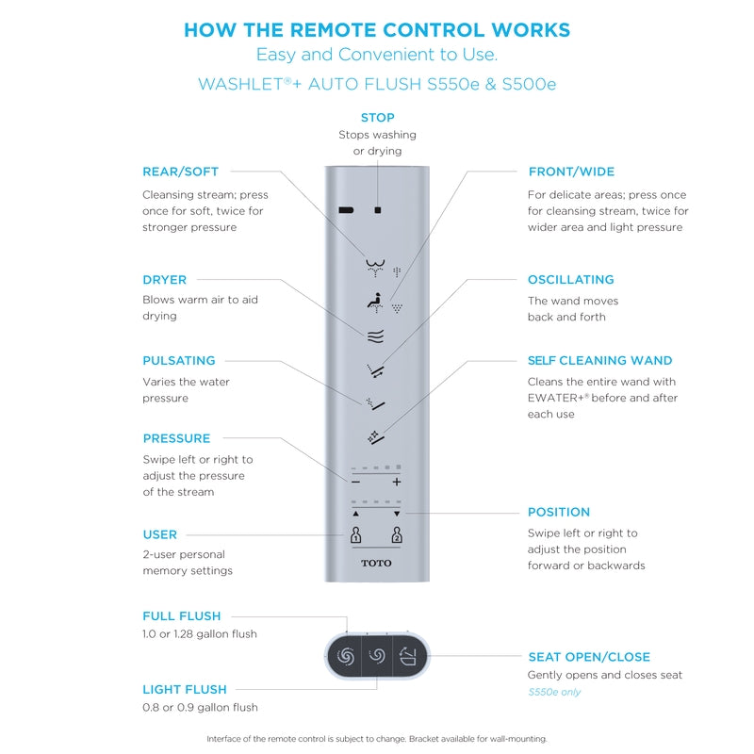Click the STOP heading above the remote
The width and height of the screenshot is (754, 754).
377,118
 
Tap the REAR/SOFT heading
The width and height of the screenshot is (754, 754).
180,172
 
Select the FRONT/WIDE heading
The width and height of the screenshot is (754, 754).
571,172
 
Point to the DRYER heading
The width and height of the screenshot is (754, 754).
165,280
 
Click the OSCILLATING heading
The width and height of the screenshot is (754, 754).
570,280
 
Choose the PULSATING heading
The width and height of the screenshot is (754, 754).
179,360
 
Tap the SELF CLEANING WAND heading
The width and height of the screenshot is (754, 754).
599,360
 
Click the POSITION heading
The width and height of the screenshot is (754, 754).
559,512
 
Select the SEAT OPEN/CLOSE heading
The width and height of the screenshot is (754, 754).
589,657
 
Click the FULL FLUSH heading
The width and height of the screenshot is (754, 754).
182,615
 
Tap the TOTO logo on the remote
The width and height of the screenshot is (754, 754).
376,564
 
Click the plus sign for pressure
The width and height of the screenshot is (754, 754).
397,482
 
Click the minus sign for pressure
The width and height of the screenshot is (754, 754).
355,482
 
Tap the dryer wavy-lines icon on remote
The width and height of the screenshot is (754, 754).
376,335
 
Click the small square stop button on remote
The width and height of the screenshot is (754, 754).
377,210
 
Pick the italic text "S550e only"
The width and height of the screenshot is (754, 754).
554,692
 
